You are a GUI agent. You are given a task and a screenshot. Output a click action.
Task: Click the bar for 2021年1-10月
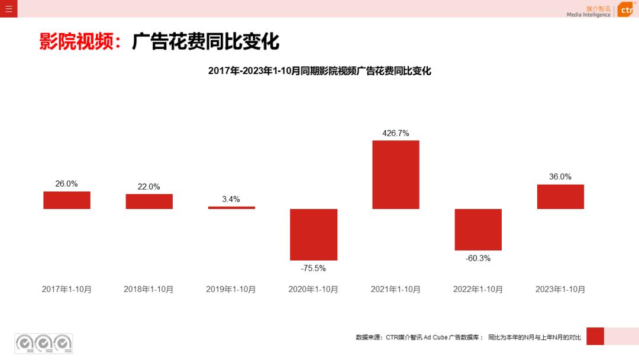(x=396, y=175)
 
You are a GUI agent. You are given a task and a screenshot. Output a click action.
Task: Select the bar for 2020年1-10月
(x=314, y=234)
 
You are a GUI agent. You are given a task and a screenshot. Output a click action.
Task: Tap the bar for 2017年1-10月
(x=67, y=200)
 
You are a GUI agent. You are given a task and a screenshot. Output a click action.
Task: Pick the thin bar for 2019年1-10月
(x=231, y=208)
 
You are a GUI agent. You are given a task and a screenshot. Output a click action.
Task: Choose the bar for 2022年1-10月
(x=478, y=230)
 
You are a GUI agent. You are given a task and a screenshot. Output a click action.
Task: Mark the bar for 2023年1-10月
(x=560, y=197)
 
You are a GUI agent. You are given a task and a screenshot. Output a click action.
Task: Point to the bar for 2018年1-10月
(x=149, y=201)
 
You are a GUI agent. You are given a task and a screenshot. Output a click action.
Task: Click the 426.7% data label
(x=396, y=133)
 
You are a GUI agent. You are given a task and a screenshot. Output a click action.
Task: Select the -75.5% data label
(x=314, y=268)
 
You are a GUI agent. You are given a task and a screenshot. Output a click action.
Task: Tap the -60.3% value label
(x=478, y=258)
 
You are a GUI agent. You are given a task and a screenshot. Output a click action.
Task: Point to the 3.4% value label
(x=231, y=200)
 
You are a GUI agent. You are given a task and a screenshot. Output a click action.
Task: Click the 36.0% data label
(x=560, y=176)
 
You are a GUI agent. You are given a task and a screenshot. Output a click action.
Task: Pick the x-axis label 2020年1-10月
(x=314, y=290)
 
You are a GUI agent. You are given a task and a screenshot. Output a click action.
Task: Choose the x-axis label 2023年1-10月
(x=560, y=290)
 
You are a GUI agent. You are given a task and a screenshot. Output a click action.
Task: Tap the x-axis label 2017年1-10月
(x=67, y=290)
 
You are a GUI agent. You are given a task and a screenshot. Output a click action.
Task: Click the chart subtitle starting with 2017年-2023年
(x=319, y=71)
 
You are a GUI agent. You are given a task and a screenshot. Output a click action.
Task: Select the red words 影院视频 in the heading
(x=76, y=42)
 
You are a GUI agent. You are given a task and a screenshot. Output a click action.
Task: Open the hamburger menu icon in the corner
(x=9, y=9)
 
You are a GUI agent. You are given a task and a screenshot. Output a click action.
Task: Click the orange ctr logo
(x=626, y=10)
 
